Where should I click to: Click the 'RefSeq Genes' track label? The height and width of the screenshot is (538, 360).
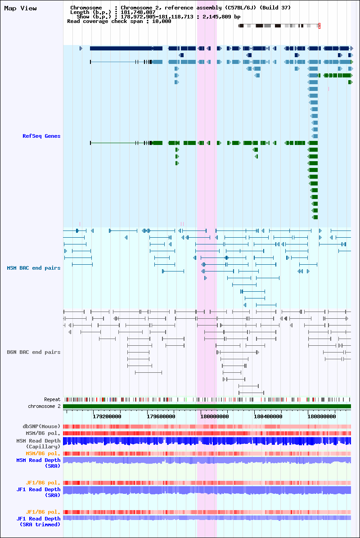(x=41, y=136)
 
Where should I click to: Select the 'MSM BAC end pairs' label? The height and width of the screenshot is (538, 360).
(x=34, y=268)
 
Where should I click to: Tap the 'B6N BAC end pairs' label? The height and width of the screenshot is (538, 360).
(x=34, y=352)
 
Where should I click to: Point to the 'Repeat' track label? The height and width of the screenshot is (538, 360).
(x=52, y=399)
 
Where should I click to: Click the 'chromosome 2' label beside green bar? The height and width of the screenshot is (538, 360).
(x=44, y=406)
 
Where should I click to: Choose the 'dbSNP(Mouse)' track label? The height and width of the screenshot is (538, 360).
(x=41, y=426)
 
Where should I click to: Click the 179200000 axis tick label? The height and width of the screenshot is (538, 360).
(x=107, y=416)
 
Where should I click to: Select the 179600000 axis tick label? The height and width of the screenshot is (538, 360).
(x=161, y=416)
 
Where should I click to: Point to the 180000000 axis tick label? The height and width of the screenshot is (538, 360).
(x=215, y=416)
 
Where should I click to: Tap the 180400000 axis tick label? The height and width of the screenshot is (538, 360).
(x=268, y=416)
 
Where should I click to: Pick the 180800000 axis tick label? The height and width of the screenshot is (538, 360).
(x=322, y=416)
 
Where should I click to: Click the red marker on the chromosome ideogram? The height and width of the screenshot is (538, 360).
(x=319, y=26)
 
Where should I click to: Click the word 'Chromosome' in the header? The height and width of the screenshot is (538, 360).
(x=86, y=8)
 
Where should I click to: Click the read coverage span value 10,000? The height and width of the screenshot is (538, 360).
(x=162, y=21)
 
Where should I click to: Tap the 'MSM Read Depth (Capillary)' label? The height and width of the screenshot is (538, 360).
(x=38, y=443)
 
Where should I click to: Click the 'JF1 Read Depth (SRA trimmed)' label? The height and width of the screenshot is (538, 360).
(x=38, y=521)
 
